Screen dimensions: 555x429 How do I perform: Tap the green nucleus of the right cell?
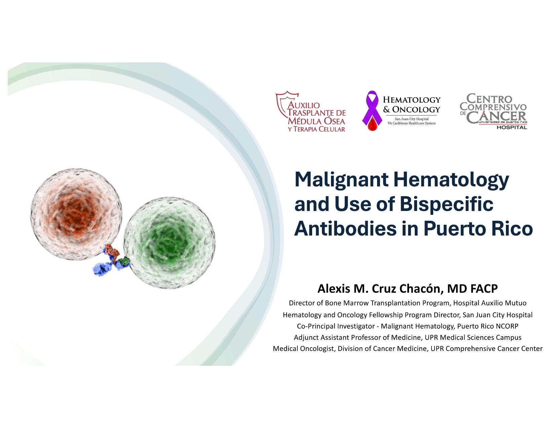(x=167, y=239)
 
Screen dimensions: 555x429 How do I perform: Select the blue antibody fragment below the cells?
(x=102, y=269)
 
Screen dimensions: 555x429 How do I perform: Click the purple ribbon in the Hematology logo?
(x=372, y=107)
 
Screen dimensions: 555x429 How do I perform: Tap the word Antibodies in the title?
(x=345, y=228)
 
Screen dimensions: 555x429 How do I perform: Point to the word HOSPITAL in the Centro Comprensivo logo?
(x=512, y=127)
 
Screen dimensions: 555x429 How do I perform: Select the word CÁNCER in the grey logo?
(x=496, y=116)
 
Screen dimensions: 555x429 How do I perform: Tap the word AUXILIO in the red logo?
(x=304, y=105)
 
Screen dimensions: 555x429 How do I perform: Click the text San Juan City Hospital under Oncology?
(x=411, y=119)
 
